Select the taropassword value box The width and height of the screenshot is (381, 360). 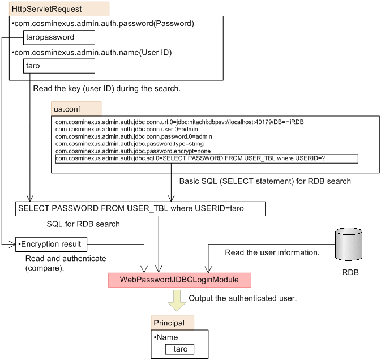59,37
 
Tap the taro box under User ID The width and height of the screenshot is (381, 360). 59,66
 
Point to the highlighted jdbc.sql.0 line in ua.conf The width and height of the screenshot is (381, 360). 206,159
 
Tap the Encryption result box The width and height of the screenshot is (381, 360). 52,245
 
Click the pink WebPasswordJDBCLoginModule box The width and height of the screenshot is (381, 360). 179,280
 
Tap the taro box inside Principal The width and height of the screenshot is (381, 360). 179,349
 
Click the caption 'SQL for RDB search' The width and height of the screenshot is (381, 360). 83,224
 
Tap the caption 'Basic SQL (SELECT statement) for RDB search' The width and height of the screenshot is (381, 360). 264,182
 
